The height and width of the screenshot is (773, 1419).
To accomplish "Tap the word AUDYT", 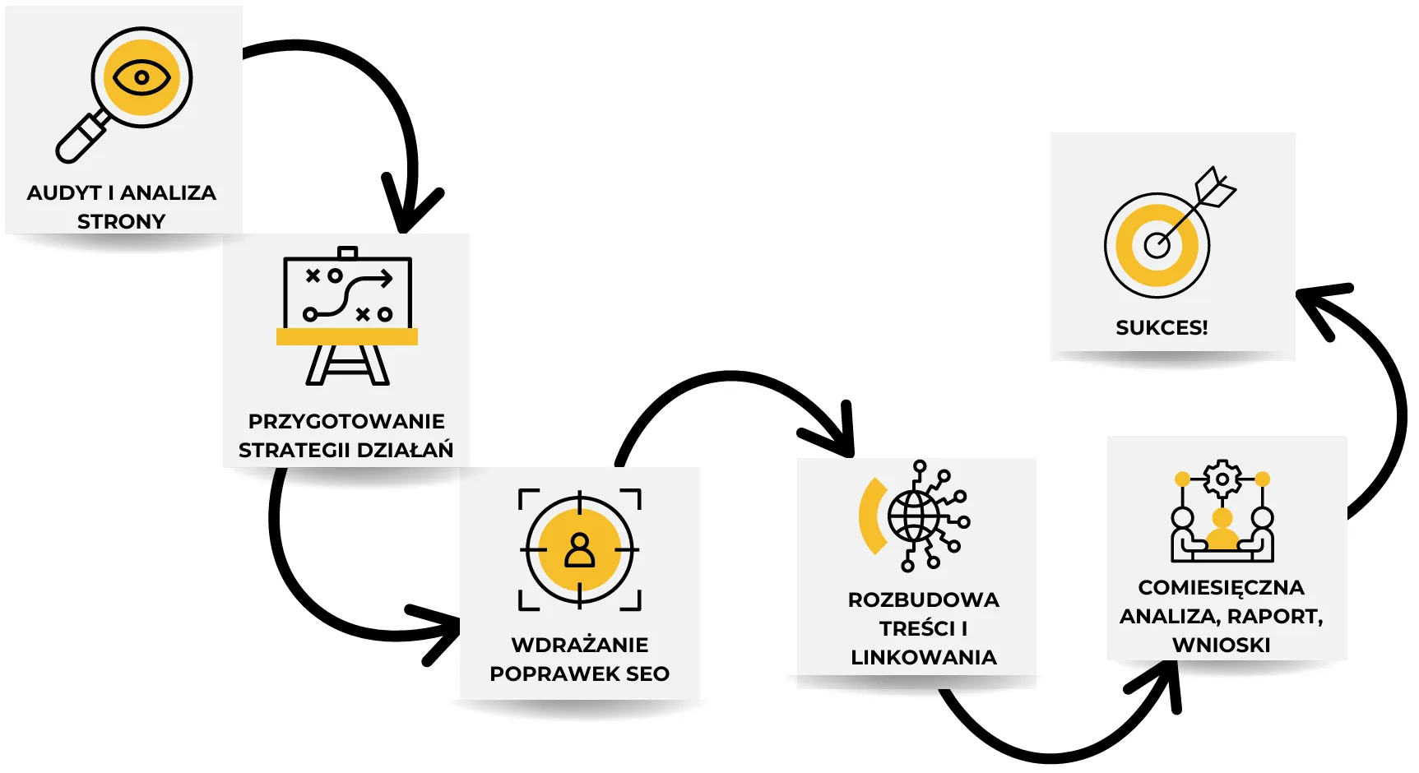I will coord(64,192).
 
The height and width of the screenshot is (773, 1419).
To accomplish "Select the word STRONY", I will coord(121,221).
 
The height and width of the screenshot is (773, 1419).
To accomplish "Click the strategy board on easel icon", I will coord(347,316).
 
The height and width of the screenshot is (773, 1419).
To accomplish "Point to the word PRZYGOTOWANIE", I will coord(346,421).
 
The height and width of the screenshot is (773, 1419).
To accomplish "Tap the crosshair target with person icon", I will coord(580,549).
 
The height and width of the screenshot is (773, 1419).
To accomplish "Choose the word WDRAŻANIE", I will coord(580,645).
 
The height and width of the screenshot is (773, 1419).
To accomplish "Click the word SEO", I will coord(647,673).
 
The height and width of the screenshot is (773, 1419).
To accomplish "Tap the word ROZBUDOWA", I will coord(924,599).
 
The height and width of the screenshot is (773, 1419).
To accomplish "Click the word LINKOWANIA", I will coord(924,657).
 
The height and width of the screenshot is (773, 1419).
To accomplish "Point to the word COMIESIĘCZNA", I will coord(1222,587).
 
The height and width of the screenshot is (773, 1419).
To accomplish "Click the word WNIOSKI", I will coord(1222,645).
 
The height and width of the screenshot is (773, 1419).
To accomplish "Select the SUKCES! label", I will coord(1162,327).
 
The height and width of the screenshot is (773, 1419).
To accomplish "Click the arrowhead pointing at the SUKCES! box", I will coord(1316,303).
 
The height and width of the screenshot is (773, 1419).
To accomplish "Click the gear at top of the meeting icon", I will coord(1222,479).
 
